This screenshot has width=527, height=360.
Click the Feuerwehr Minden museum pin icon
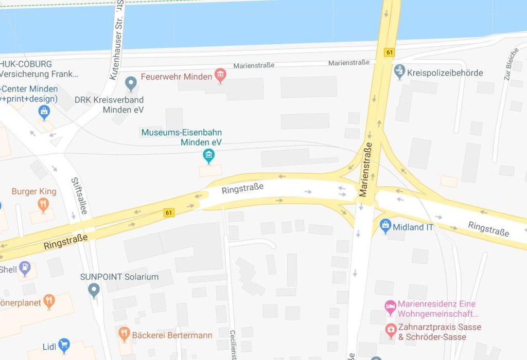coord(220,76)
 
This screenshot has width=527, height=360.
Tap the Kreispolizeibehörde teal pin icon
coord(399,71)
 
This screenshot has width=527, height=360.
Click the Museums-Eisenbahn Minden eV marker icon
coord(208,155)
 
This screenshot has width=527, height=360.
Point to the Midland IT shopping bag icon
coord(385,225)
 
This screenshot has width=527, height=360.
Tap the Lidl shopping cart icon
coord(64,345)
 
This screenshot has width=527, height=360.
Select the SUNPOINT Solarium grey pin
coord(94,290)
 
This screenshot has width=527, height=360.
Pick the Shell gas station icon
coord(25,268)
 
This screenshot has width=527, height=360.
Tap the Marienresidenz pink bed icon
coord(391,307)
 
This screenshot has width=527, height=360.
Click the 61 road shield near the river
coord(389,52)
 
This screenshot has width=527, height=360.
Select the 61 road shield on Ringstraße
coord(168,212)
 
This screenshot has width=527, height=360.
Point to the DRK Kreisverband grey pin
coord(131,82)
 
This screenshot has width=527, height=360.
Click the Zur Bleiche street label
coord(511,64)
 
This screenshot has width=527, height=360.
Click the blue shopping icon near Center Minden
coord(44,111)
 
